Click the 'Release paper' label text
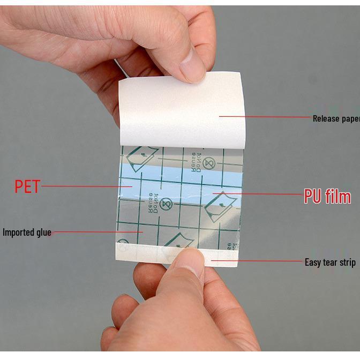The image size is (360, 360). (336, 118)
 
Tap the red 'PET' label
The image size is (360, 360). (27, 186)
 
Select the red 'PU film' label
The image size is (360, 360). (327, 197)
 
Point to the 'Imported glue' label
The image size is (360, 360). (27, 232)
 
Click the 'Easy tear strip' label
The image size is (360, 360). (330, 262)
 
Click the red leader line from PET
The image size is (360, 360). (86, 186)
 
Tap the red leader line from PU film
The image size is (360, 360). (257, 194)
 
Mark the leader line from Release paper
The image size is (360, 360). (265, 116)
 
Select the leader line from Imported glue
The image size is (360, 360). (96, 232)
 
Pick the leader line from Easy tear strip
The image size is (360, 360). (257, 261)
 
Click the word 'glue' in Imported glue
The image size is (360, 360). (42, 232)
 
